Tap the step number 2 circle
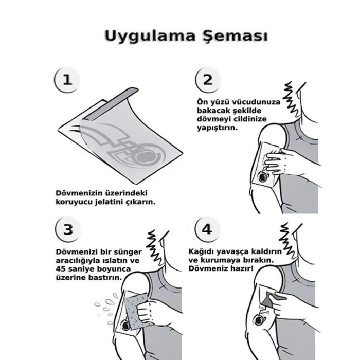(x=207, y=81)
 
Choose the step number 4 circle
(x=207, y=230)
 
